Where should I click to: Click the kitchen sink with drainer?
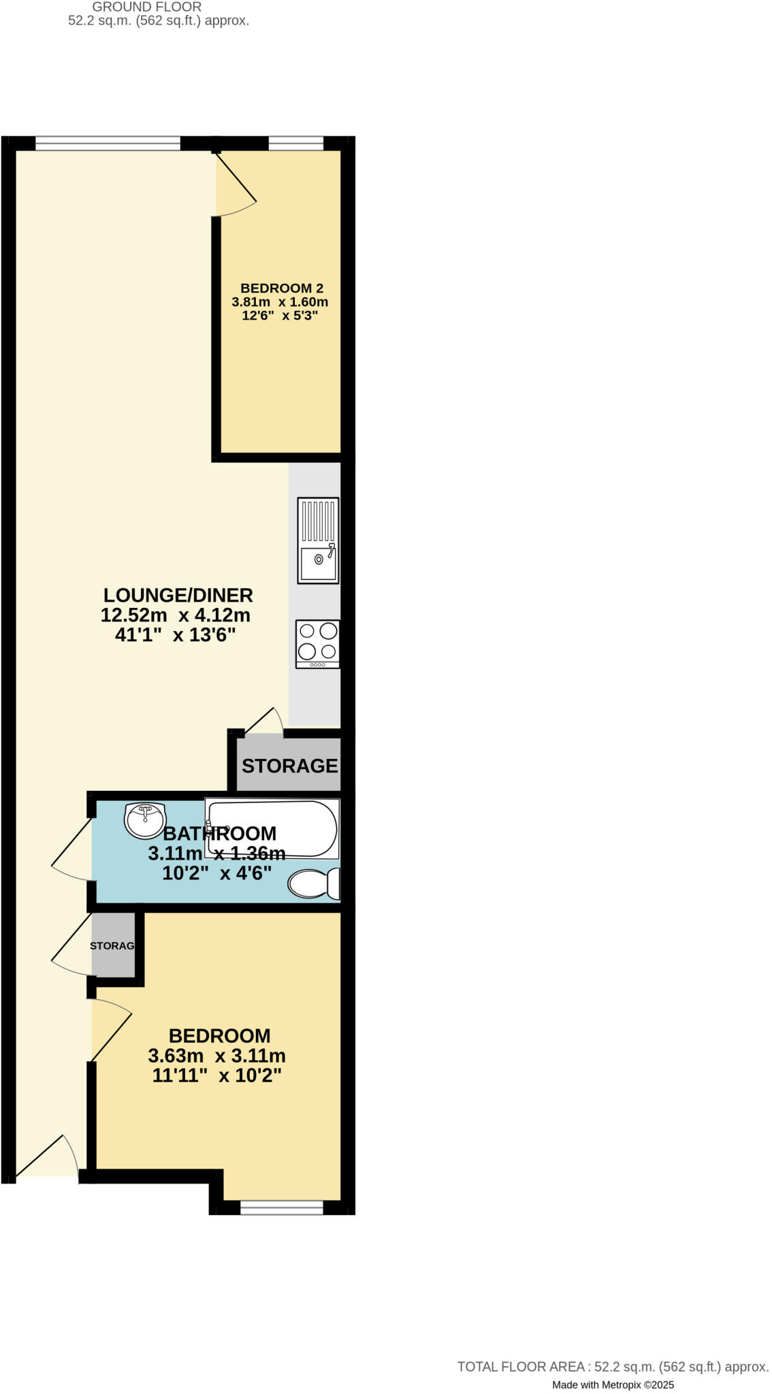tap(318, 540)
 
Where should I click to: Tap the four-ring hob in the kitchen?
tap(318, 643)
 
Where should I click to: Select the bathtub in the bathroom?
tap(272, 828)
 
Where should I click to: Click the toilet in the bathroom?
tap(315, 884)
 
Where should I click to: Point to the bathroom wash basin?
tap(144, 820)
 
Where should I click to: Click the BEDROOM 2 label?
tap(281, 289)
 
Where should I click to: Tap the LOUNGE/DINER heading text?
tap(178, 595)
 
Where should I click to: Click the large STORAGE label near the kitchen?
tap(289, 766)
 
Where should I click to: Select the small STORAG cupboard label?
tap(112, 946)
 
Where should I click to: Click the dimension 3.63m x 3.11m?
tap(216, 1056)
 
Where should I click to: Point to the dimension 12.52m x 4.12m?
tap(176, 615)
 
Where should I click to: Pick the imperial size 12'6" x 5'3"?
tap(280, 316)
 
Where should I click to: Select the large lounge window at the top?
tap(108, 143)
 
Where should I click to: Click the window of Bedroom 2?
tap(295, 143)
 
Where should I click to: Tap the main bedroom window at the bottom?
tap(281, 1207)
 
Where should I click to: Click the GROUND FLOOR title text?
tap(146, 7)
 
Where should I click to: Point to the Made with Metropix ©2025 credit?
tap(613, 1384)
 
